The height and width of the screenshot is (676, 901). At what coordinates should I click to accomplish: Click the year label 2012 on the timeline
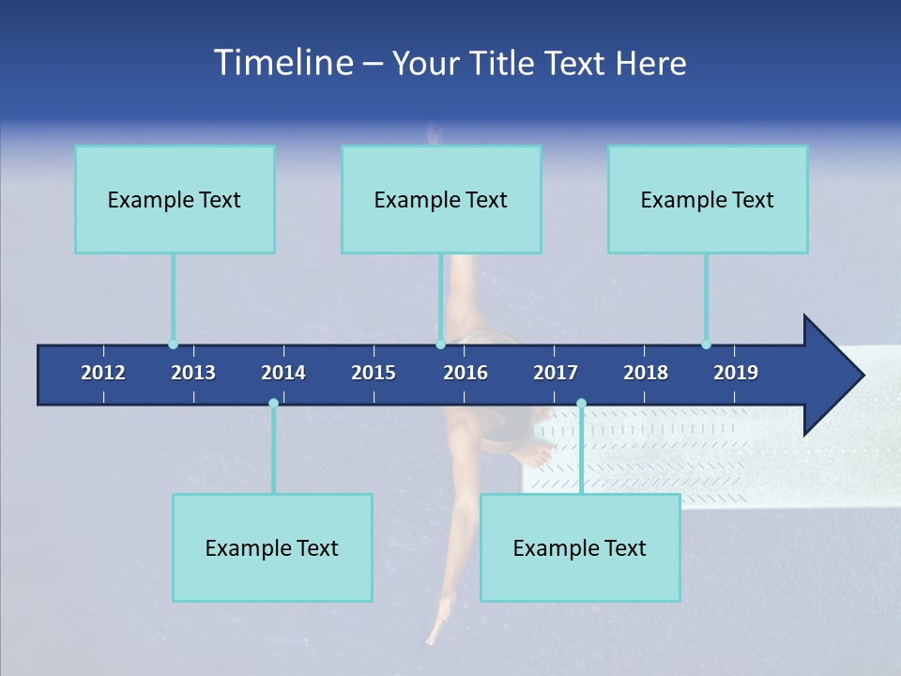click(x=103, y=373)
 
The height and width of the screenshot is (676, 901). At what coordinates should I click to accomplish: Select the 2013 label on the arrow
click(x=193, y=373)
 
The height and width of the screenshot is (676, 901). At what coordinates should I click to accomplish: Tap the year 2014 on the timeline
click(x=283, y=373)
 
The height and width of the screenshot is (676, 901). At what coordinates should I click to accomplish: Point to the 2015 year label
click(x=374, y=373)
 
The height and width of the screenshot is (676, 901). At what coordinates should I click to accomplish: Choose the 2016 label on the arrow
click(x=466, y=373)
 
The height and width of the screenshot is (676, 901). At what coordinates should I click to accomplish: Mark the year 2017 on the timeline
click(x=556, y=373)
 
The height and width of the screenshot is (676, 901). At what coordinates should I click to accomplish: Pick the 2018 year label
click(x=646, y=373)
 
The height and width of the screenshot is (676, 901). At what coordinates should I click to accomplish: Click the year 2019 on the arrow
click(x=736, y=373)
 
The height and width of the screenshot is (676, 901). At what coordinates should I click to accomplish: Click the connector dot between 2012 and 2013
click(x=173, y=345)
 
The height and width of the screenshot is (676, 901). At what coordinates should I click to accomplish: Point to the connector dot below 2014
click(x=273, y=403)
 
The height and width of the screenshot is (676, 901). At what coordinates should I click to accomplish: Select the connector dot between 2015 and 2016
click(x=440, y=345)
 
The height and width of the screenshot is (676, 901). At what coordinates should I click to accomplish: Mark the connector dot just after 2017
click(x=581, y=403)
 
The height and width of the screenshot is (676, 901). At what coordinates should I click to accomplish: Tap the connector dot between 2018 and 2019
click(x=706, y=345)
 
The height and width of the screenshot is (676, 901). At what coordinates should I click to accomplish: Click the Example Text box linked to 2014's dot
click(x=272, y=547)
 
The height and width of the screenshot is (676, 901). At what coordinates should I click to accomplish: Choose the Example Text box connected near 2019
click(x=708, y=199)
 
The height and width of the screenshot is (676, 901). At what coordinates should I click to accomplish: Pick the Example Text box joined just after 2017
click(x=580, y=547)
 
